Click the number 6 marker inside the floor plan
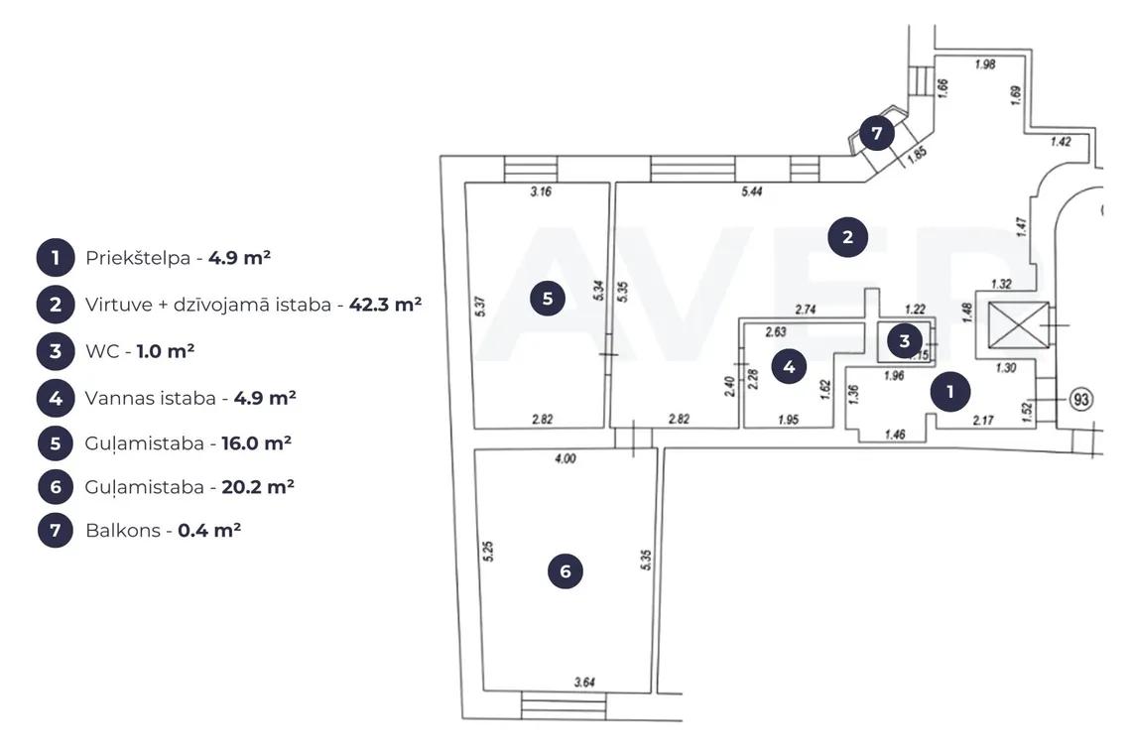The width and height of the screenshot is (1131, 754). tap(565, 571)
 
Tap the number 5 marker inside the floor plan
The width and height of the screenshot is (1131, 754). tap(548, 298)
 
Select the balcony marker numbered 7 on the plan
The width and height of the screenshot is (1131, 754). tap(877, 133)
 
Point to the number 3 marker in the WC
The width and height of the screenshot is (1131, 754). tap(905, 340)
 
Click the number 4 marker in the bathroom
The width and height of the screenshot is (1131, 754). tap(789, 366)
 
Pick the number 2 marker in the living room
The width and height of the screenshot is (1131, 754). tap(847, 237)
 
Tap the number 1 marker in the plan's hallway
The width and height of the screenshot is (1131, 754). tap(950, 391)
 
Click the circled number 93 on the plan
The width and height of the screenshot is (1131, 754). tap(1080, 399)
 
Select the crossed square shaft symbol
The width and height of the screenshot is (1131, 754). tap(1019, 325)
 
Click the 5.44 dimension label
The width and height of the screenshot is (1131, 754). tap(752, 191)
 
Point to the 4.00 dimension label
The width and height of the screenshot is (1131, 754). tap(565, 458)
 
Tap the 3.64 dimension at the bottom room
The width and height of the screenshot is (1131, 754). tap(584, 682)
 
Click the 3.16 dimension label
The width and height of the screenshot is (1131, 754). tap(541, 191)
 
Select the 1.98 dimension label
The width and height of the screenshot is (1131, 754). tap(985, 64)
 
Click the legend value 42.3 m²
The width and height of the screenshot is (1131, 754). tap(385, 305)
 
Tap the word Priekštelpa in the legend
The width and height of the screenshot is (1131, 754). tap(138, 258)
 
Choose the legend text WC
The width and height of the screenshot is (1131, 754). tap(102, 351)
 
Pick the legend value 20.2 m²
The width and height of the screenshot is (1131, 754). tap(258, 487)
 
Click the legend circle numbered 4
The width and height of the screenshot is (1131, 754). tap(56, 398)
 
